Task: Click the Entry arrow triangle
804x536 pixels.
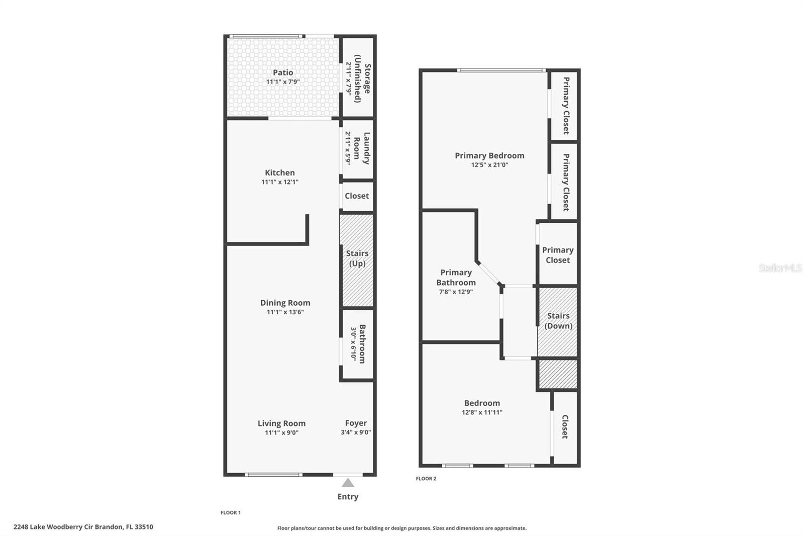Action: [348, 483]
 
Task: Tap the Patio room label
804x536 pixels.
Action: [283, 73]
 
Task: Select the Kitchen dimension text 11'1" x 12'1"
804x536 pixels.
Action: [280, 182]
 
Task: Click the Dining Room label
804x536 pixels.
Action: [285, 303]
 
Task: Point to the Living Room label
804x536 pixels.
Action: [281, 423]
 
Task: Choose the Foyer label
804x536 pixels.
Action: [356, 423]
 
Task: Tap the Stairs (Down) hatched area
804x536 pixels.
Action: [558, 342]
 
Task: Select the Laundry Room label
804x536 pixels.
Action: [362, 148]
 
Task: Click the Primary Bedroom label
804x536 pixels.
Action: [489, 156]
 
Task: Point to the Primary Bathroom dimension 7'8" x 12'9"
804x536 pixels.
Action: [456, 292]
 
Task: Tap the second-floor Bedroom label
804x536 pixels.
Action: [482, 403]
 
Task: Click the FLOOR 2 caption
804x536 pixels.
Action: [426, 479]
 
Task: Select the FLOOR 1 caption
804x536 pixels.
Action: [231, 513]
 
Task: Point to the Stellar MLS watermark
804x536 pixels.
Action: [780, 268]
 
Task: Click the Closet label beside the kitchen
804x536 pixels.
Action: [357, 196]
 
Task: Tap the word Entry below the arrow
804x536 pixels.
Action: [348, 497]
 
